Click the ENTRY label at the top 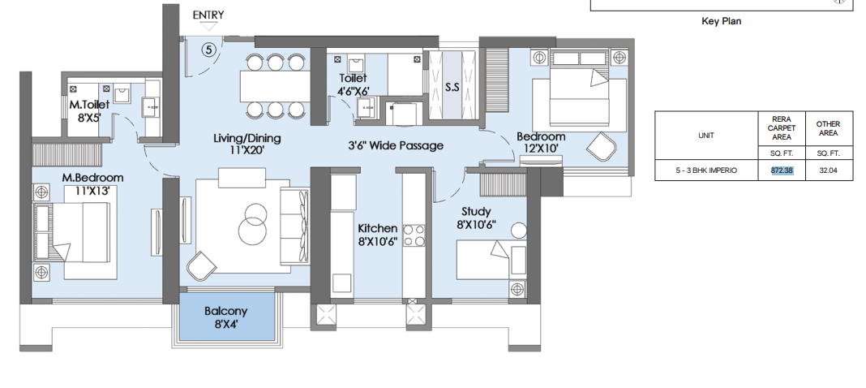tap(208, 15)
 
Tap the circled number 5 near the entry tap(208, 50)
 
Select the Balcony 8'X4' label tap(226, 317)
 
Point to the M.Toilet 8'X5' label tap(89, 110)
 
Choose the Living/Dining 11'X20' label tap(247, 144)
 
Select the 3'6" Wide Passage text tap(396, 146)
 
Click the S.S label tap(452, 88)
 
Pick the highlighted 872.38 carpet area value tap(782, 170)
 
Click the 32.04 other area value tap(829, 170)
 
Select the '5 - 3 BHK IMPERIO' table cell tap(705, 170)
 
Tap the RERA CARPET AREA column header tap(782, 127)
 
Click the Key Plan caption tap(722, 22)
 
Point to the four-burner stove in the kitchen tap(414, 235)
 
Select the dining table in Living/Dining tap(275, 87)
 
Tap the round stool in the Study tap(519, 231)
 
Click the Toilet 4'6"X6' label tap(353, 84)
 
